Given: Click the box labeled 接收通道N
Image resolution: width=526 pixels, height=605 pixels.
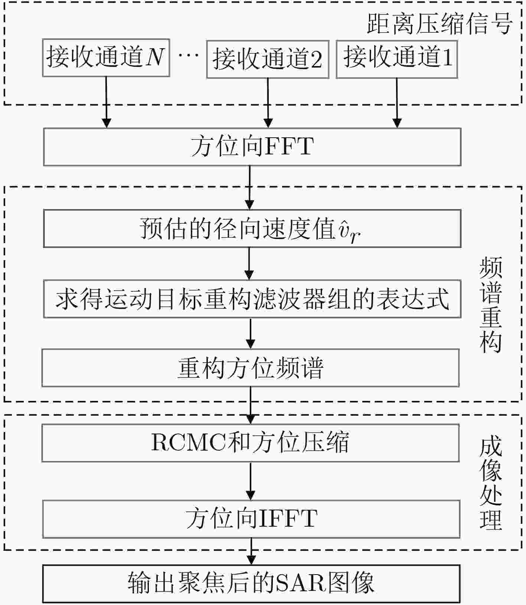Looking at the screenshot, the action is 106,58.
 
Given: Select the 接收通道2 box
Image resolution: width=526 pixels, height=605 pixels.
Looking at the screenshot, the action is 268,59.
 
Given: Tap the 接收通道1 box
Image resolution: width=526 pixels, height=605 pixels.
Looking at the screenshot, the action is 397,59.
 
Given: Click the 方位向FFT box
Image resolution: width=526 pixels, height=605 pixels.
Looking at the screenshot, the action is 252,147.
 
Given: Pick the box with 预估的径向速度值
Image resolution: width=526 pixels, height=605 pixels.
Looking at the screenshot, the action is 252,228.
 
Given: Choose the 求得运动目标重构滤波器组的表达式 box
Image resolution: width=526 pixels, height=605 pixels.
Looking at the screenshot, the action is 252,299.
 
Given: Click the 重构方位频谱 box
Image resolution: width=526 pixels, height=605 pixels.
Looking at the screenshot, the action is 251,367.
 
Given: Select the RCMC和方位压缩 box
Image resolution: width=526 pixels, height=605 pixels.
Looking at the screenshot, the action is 251,443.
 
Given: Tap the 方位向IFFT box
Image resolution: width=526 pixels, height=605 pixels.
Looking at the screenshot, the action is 251,519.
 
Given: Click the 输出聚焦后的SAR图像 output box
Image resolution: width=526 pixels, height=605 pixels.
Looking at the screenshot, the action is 251,583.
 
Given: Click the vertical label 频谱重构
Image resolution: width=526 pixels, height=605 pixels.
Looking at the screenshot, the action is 491,305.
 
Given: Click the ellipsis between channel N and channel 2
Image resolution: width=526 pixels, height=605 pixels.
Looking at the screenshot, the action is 188,56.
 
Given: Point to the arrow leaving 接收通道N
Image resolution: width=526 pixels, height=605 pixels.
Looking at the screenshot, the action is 107,102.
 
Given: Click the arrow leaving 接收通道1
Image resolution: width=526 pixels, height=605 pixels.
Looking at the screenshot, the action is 397,103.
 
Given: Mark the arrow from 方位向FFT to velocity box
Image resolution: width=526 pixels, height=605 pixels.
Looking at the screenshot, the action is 250,187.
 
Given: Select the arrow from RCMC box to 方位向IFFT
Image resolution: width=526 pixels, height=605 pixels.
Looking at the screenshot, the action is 251,481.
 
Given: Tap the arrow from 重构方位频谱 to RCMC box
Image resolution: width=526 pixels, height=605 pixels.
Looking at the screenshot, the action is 251,405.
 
